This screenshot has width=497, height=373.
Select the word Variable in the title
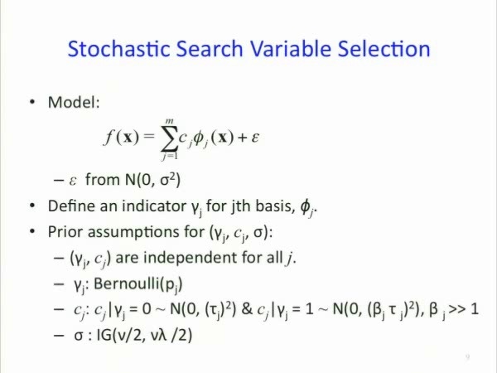tap(291, 49)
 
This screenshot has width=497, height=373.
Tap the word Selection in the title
tap(384, 49)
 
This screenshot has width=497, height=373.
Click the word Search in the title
tap(210, 49)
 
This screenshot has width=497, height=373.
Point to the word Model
tap(74, 102)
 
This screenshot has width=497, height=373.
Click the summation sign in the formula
tap(170, 138)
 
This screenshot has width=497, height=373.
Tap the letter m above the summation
tap(170, 120)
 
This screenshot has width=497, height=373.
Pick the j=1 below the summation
tap(170, 157)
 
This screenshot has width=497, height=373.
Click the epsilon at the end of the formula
tap(255, 138)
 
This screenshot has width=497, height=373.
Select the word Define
tap(71, 206)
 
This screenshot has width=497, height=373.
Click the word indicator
tap(154, 206)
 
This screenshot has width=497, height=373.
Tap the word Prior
tap(65, 232)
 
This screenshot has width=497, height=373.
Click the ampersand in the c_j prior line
tap(247, 308)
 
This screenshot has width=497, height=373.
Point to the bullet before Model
tap(32, 102)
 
